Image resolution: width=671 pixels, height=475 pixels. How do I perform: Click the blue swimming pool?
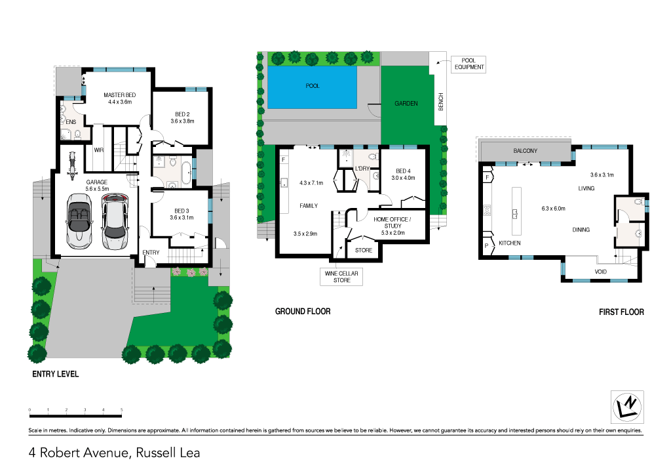(313, 87)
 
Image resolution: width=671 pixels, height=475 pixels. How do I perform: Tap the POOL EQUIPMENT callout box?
(468, 64)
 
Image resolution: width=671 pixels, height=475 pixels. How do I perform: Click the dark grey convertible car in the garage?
(78, 222)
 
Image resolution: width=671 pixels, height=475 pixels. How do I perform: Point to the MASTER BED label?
(119, 96)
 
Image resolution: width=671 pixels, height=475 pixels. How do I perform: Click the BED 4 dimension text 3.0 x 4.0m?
(404, 178)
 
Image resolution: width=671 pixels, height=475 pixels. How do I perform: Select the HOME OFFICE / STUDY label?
(393, 222)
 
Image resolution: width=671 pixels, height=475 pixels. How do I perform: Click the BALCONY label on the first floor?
(525, 151)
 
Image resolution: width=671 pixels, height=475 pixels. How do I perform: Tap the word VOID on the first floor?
(601, 271)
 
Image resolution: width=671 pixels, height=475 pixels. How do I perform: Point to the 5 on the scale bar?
(122, 409)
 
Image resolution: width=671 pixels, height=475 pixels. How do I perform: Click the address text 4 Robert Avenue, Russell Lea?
(114, 452)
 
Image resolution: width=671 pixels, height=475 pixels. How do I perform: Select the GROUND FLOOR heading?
(302, 312)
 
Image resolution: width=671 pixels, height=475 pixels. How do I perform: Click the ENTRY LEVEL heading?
(56, 374)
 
